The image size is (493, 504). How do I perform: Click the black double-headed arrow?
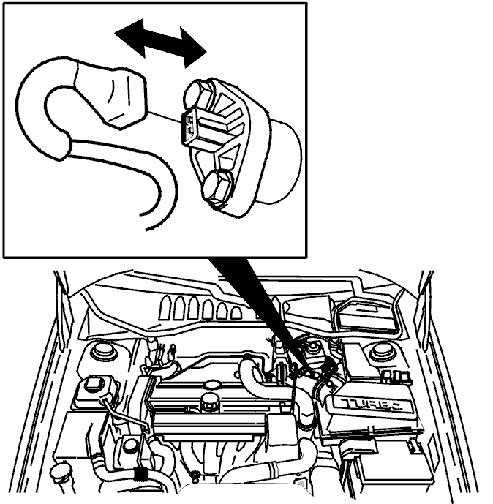[x=161, y=43]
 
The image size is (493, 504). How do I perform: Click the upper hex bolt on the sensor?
[x=199, y=94]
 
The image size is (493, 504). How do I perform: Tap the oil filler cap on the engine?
[x=209, y=402]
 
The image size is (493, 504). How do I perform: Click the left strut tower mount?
[x=103, y=352]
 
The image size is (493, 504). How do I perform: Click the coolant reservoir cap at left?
[x=92, y=384]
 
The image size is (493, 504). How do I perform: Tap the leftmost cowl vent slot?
[x=165, y=308]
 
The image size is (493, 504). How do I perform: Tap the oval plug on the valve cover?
[x=211, y=384]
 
